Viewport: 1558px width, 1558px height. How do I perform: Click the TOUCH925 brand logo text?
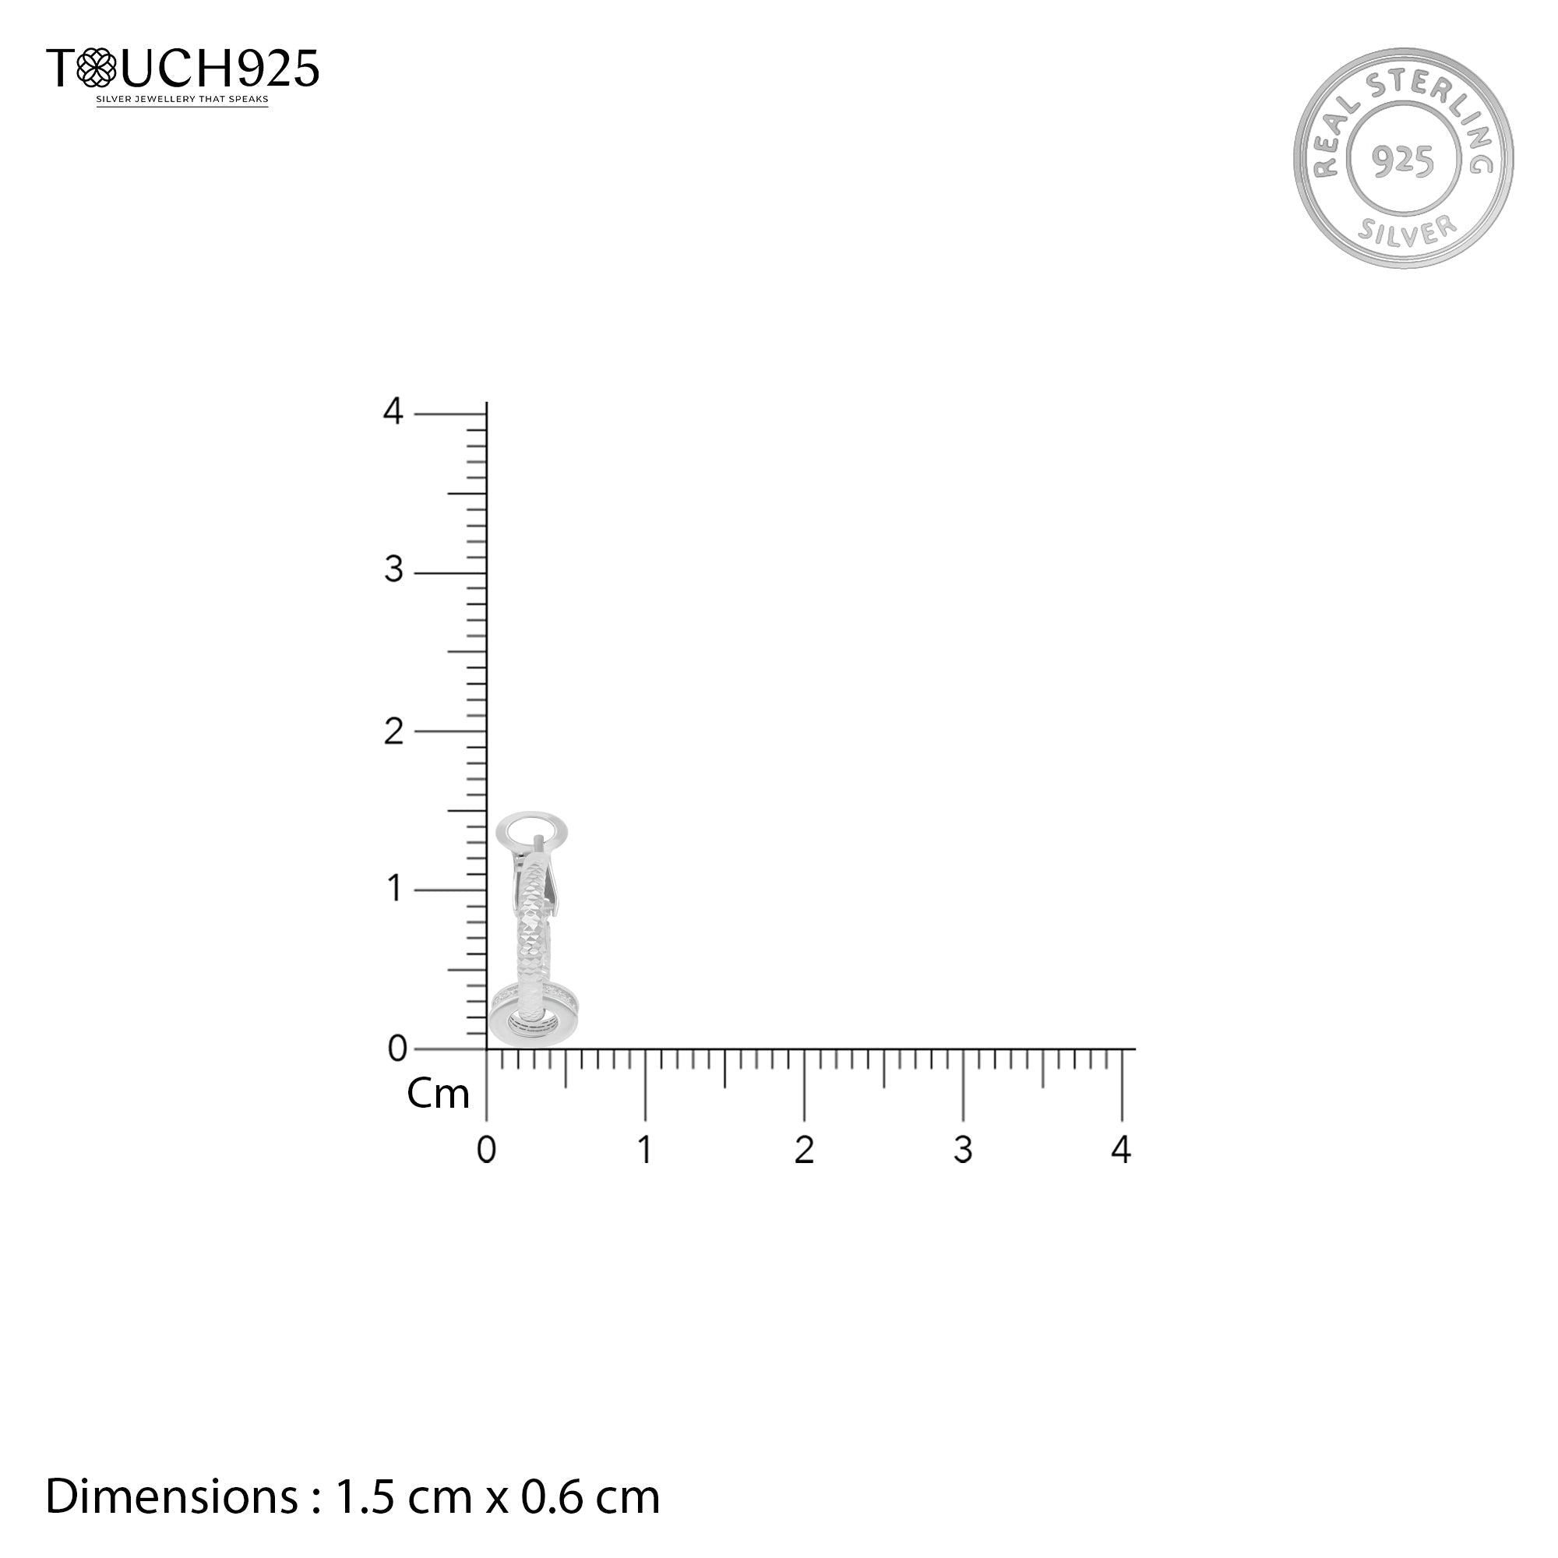(x=182, y=68)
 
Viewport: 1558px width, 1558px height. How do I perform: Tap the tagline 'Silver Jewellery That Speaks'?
(x=182, y=100)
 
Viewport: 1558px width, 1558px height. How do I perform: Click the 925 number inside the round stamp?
(x=1404, y=161)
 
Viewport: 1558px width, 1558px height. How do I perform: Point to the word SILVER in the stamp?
(x=1407, y=231)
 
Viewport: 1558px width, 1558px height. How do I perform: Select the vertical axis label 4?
(x=393, y=411)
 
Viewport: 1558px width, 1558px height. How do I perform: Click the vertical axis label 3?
(x=393, y=570)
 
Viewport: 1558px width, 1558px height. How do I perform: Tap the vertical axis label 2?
(x=393, y=731)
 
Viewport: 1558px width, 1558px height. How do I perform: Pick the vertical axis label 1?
(x=394, y=889)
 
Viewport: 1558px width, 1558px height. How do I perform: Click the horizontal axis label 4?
(x=1121, y=1148)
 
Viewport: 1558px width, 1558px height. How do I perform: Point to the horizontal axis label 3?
(x=963, y=1149)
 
